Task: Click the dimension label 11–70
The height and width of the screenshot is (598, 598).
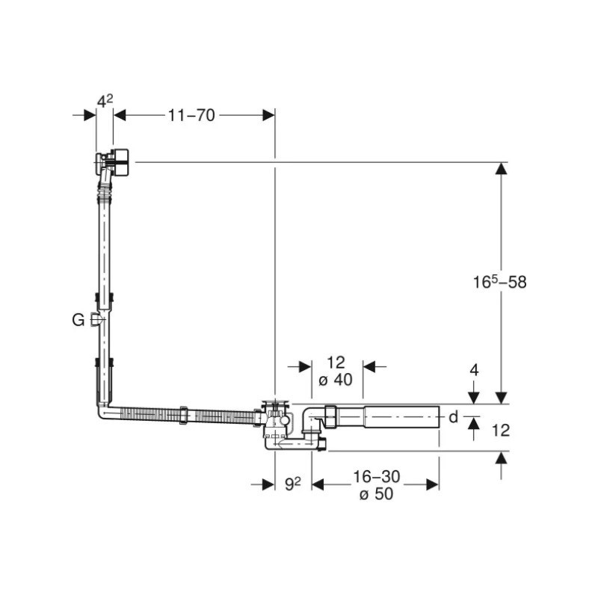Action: [x=191, y=115]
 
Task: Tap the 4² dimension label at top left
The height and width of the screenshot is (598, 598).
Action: [x=105, y=101]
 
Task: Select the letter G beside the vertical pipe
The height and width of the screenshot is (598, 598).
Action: [x=78, y=320]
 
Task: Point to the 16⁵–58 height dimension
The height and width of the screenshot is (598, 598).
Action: [x=499, y=282]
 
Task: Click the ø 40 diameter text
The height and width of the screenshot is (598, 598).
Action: [x=336, y=380]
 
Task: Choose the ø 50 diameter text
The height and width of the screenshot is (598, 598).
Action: [x=376, y=493]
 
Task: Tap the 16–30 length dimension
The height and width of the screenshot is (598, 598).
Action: [x=377, y=476]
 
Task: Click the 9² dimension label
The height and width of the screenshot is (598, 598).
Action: [x=293, y=484]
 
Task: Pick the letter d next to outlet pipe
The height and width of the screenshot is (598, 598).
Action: [x=453, y=417]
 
